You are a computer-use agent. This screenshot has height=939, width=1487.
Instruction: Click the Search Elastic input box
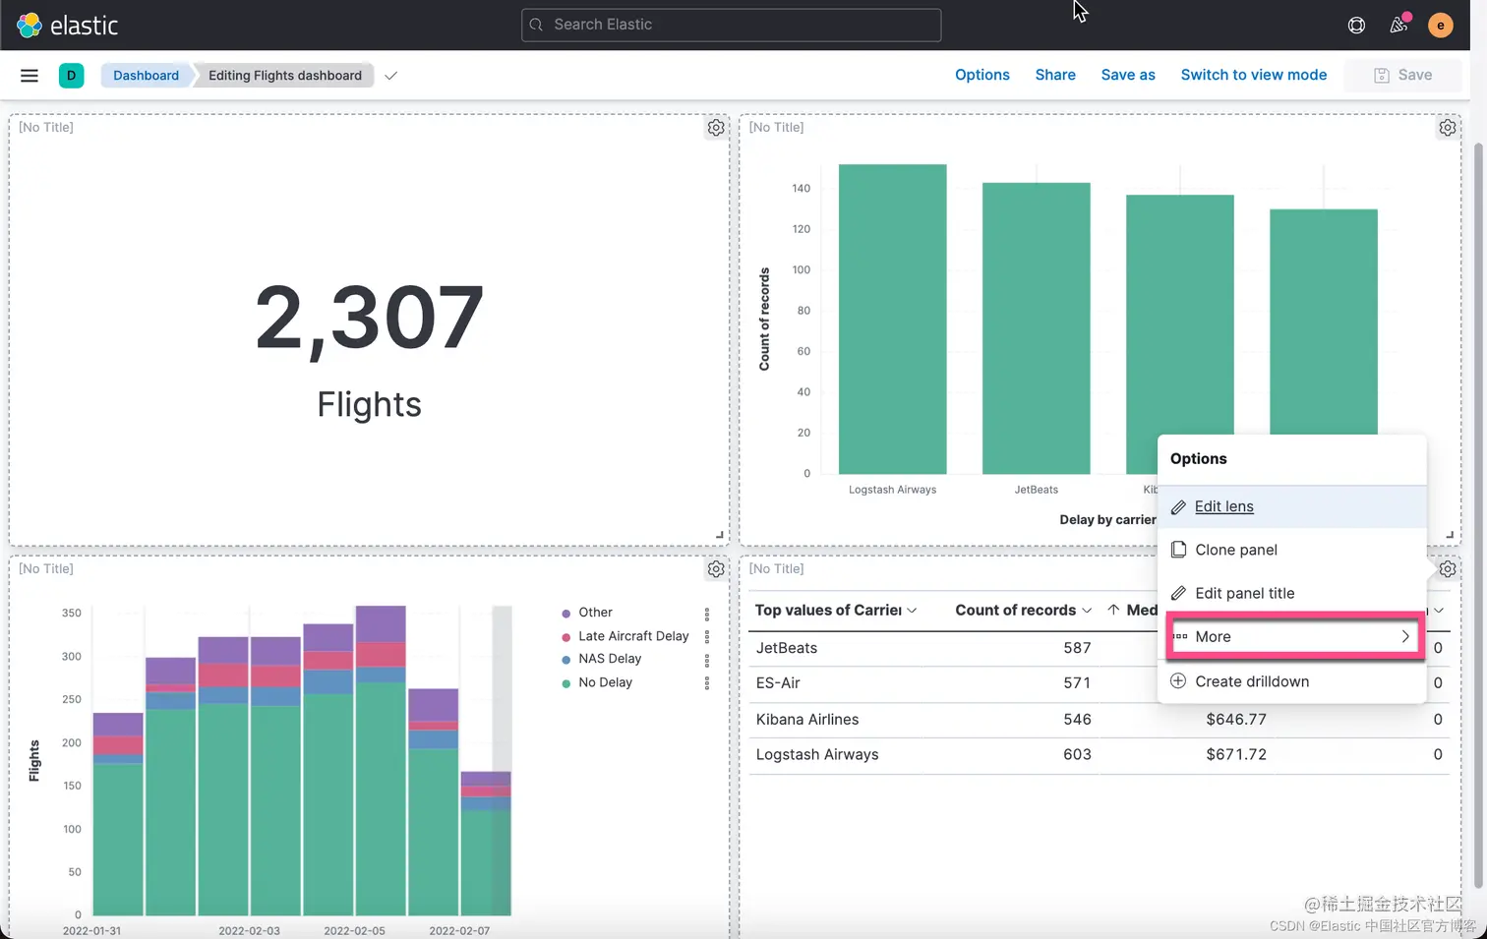pyautogui.click(x=731, y=25)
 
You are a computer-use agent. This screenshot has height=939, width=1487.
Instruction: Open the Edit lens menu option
pyautogui.click(x=1223, y=506)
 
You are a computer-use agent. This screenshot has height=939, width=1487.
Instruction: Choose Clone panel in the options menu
pyautogui.click(x=1235, y=550)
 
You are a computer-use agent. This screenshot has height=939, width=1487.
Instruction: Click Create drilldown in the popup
pyautogui.click(x=1251, y=681)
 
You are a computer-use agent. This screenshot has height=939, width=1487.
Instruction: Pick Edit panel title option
pyautogui.click(x=1244, y=593)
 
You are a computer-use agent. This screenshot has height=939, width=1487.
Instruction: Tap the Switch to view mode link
pyautogui.click(x=1253, y=75)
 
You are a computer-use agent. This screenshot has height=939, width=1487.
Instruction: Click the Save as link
pyautogui.click(x=1127, y=75)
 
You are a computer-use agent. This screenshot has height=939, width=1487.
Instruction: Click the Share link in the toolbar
pyautogui.click(x=1054, y=75)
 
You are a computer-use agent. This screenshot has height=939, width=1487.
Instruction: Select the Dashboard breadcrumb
pyautogui.click(x=146, y=76)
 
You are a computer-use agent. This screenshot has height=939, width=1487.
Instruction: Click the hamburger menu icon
pyautogui.click(x=30, y=76)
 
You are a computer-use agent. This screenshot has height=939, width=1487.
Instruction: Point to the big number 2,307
pyautogui.click(x=369, y=318)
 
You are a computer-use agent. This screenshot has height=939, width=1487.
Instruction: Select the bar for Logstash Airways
pyautogui.click(x=892, y=320)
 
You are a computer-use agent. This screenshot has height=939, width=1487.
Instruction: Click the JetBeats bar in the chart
pyautogui.click(x=1036, y=328)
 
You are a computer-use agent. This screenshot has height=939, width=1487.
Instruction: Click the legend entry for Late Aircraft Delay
pyautogui.click(x=632, y=636)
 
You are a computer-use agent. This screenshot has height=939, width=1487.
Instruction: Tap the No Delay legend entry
pyautogui.click(x=605, y=682)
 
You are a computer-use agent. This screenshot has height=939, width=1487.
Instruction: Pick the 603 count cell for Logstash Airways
pyautogui.click(x=1077, y=754)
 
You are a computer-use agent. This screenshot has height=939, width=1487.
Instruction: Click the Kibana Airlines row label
pyautogui.click(x=806, y=719)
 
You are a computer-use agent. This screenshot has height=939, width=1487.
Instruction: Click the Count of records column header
pyautogui.click(x=1015, y=610)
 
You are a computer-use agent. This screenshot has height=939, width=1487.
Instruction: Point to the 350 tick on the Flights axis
pyautogui.click(x=72, y=613)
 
